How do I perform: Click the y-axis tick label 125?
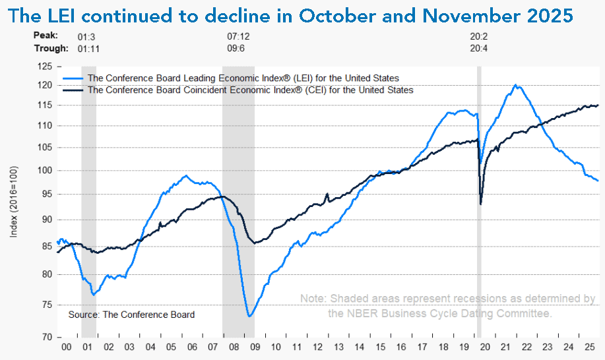tap(44, 67)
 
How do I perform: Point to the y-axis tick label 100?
tap(44, 171)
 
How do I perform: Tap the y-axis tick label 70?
tap(46, 337)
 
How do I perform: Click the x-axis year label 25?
tap(588, 346)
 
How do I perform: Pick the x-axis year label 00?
tap(66, 346)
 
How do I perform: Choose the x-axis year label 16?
tap(400, 346)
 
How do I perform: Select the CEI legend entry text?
tap(251, 90)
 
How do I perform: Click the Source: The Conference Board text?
tap(132, 315)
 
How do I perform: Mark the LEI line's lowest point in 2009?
tap(250, 316)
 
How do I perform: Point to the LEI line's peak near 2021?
tap(515, 85)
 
